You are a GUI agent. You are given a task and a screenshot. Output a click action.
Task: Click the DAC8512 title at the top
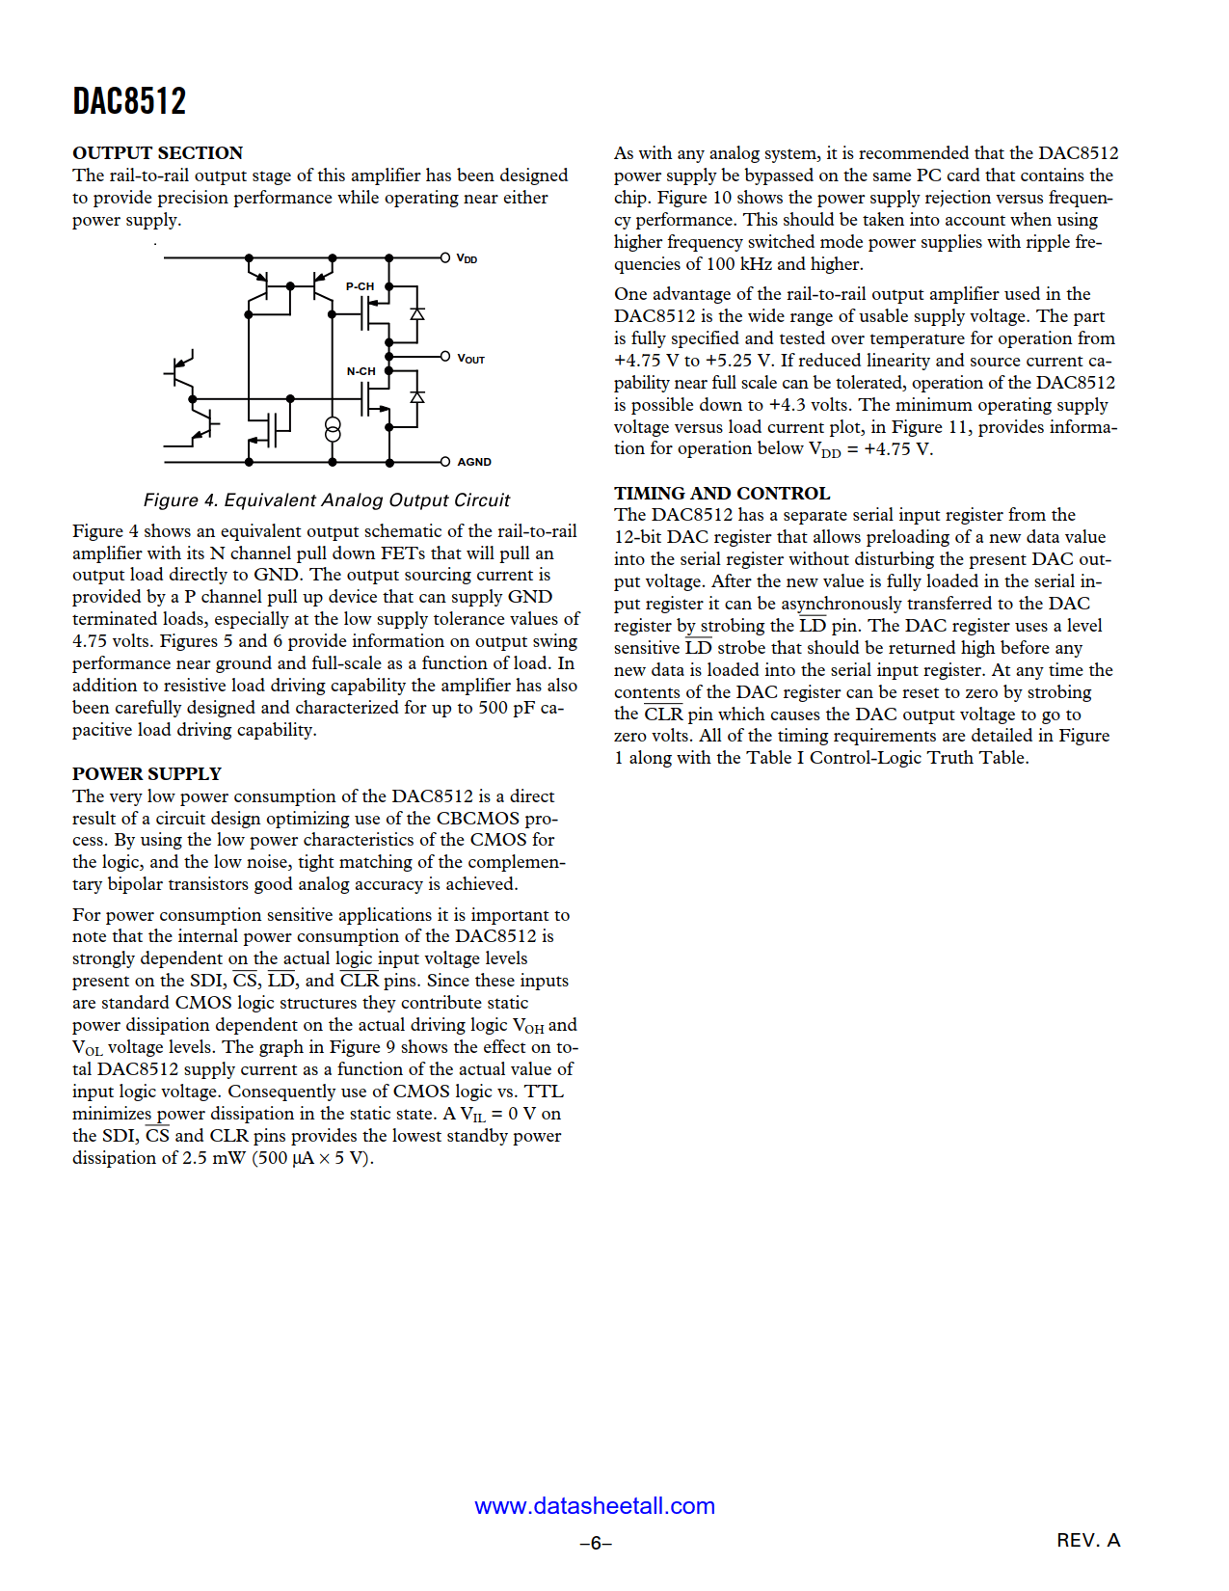(x=129, y=101)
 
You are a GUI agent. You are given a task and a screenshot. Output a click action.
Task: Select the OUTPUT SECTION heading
(x=157, y=153)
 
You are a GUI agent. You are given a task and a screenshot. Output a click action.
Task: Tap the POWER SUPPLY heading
(x=147, y=774)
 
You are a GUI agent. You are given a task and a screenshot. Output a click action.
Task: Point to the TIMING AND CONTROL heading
(x=722, y=494)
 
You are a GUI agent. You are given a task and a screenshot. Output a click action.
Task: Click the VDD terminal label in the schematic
(x=468, y=259)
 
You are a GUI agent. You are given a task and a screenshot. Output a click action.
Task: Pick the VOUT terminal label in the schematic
(x=471, y=359)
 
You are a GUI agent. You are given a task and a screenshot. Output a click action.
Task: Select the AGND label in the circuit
(x=474, y=462)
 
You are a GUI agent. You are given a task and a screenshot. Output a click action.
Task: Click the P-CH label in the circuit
(x=360, y=286)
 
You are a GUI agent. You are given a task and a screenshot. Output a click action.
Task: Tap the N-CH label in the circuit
(x=361, y=371)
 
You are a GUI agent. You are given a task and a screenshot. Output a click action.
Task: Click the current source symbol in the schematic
(x=333, y=430)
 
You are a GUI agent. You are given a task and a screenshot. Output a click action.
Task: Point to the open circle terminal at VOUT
(x=445, y=357)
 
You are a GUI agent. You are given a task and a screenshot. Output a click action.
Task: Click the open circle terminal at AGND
(x=445, y=462)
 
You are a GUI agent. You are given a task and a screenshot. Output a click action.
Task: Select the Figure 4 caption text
(x=326, y=500)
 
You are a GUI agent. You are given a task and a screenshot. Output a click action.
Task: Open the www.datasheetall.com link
(x=595, y=1506)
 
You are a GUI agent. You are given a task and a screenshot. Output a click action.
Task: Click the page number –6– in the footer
(x=596, y=1544)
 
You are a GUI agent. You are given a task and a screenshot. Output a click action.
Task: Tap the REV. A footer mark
(x=1088, y=1540)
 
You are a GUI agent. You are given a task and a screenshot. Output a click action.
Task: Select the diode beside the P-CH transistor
(x=417, y=313)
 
